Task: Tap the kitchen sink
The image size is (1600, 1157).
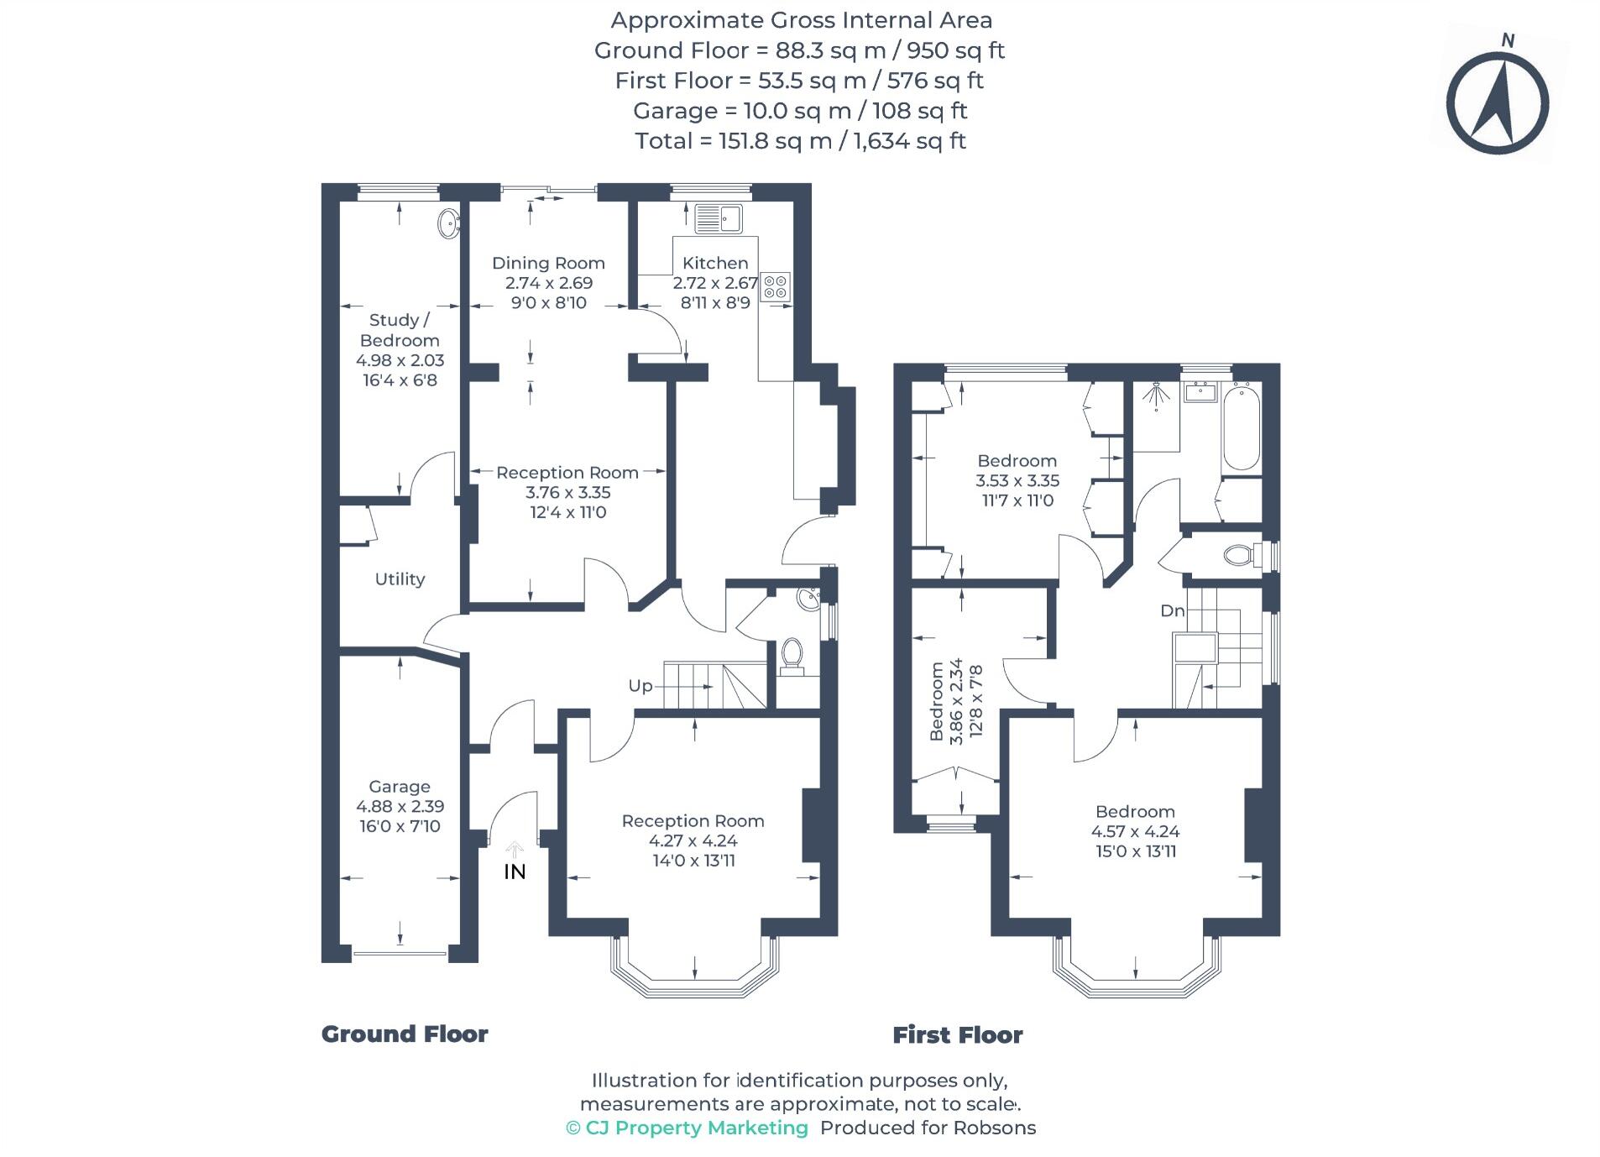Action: click(x=718, y=218)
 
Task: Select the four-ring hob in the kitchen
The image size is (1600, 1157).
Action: click(x=775, y=287)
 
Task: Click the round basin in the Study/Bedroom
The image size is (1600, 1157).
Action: click(x=449, y=223)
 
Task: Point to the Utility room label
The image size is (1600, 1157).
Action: click(x=400, y=578)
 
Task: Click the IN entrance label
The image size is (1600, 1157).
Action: click(x=515, y=872)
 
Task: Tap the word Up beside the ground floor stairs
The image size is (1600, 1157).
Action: click(x=641, y=686)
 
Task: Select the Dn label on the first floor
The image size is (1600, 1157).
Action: click(x=1172, y=610)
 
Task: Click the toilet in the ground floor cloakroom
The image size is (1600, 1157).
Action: click(x=791, y=654)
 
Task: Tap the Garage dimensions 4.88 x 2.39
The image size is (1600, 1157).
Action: click(x=400, y=806)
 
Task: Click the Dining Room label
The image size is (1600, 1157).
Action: click(x=548, y=263)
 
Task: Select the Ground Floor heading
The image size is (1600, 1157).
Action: click(x=405, y=1034)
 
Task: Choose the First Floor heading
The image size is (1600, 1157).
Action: click(x=957, y=1034)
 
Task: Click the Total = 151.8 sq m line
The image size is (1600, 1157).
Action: click(x=800, y=140)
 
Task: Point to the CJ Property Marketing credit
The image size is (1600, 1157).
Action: click(x=687, y=1128)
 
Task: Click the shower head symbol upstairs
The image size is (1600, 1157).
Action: click(x=1157, y=395)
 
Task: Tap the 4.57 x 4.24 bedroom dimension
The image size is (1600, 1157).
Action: click(x=1135, y=831)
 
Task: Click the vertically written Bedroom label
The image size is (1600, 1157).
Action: click(x=937, y=702)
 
